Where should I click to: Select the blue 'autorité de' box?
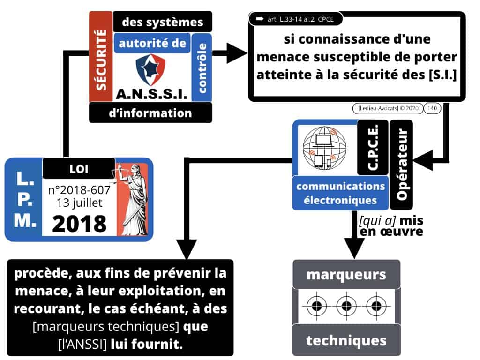[153, 45]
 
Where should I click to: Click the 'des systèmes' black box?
[162, 22]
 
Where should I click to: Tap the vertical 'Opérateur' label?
[401, 164]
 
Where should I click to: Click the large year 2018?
[79, 223]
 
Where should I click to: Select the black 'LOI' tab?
[78, 168]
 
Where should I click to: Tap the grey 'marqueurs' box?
[346, 274]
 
